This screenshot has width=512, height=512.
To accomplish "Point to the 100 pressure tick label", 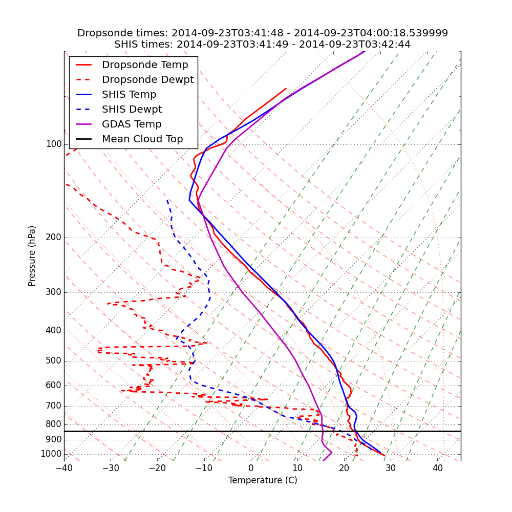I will tap(54, 144).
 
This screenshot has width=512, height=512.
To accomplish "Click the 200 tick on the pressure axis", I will tap(54, 238).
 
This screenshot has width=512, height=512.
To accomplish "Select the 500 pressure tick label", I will tap(54, 361).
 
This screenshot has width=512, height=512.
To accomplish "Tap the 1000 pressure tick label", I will tap(51, 454).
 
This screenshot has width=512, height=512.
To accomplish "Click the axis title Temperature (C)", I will tap(263, 481).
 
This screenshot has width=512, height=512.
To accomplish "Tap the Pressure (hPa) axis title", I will tap(32, 256).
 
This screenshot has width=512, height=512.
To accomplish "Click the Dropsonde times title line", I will tap(263, 33).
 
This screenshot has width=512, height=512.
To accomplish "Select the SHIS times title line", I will tap(263, 45).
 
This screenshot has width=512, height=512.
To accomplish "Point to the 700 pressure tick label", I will tap(54, 406).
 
